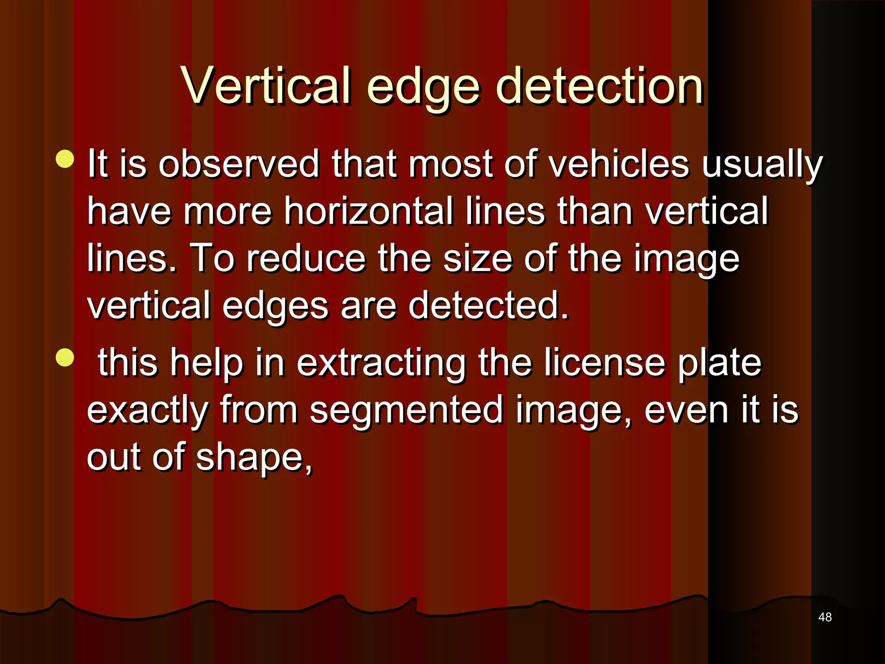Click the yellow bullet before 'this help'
point(65,358)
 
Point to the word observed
point(239,164)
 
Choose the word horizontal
point(368,211)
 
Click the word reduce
point(306,259)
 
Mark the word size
point(478,259)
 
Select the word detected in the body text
point(488,306)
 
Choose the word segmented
point(406,411)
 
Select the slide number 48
point(825,617)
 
